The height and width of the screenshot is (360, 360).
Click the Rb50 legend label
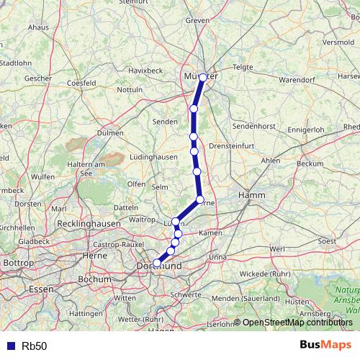coord(34,346)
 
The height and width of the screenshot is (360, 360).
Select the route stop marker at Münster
coord(203,77)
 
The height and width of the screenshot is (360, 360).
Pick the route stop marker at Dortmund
coord(157,264)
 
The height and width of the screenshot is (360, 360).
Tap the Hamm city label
coord(255,195)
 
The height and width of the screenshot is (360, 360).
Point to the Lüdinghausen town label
coord(153,156)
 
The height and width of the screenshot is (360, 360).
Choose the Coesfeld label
coord(81,84)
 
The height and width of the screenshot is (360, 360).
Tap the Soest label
coord(327,240)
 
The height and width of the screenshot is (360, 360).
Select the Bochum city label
coord(94,279)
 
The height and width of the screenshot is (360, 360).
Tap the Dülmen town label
coord(109,133)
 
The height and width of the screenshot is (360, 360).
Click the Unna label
coord(217,257)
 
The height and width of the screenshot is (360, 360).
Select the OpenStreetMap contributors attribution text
coord(298,323)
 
